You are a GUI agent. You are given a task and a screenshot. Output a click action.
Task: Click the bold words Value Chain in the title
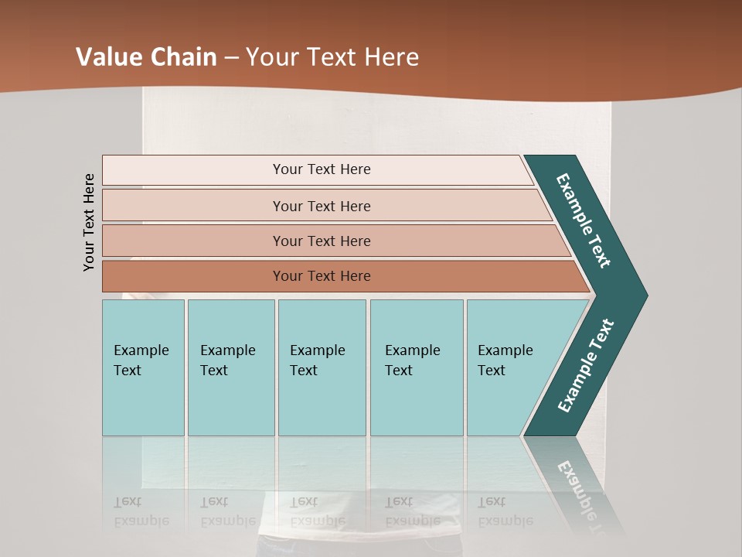(x=146, y=57)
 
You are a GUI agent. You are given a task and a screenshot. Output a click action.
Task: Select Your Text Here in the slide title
(x=332, y=57)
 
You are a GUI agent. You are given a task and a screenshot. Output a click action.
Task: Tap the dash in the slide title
(x=231, y=58)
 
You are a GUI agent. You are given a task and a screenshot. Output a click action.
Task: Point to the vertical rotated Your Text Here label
(x=89, y=222)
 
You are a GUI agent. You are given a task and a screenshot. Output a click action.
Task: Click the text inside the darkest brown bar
(x=322, y=276)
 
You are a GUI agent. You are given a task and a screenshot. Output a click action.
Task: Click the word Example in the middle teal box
(x=317, y=350)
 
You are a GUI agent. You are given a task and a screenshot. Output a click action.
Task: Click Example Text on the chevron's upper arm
(x=584, y=220)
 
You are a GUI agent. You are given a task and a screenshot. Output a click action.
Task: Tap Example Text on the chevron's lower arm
(x=586, y=366)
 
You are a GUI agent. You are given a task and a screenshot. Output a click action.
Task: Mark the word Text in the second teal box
(x=214, y=371)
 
